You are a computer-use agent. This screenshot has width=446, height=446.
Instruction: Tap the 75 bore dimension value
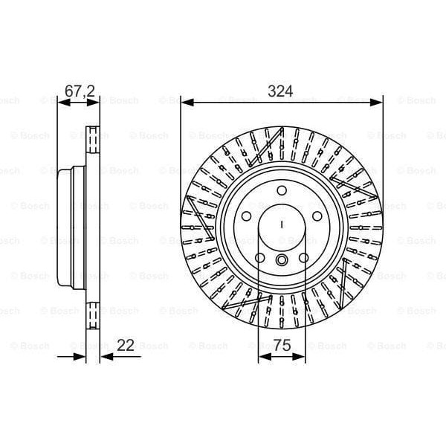(282, 345)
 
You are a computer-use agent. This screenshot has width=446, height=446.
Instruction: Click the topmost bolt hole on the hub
(282, 191)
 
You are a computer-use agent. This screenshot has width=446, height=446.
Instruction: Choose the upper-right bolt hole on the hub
(316, 216)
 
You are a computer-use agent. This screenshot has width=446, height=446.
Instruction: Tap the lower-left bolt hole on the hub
(260, 258)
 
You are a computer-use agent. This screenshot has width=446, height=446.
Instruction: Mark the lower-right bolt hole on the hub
(303, 258)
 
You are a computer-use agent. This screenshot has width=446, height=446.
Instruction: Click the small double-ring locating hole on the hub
(282, 260)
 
